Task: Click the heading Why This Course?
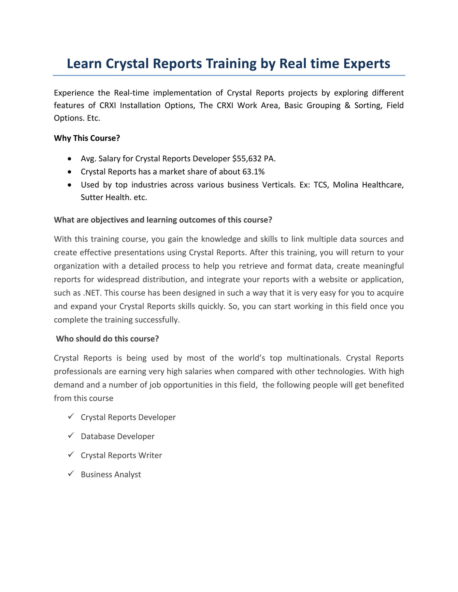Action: (87, 138)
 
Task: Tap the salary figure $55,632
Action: (245, 158)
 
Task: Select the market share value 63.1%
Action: (253, 172)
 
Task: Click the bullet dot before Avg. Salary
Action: (69, 159)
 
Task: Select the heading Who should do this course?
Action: (107, 339)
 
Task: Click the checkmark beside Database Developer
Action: (70, 435)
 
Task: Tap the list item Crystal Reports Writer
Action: (121, 455)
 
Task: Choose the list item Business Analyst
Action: (111, 475)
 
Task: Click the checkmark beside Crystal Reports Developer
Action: (70, 416)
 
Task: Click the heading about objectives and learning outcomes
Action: (163, 220)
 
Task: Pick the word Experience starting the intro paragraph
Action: (74, 93)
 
